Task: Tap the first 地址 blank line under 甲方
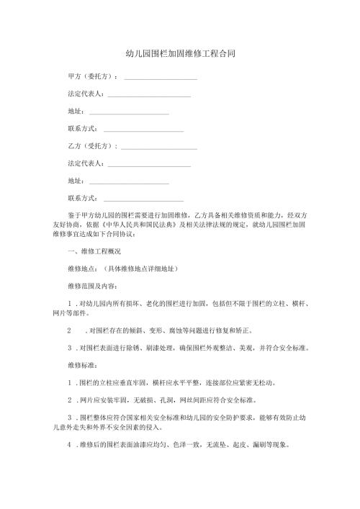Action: tap(128, 112)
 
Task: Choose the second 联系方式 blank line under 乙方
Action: tap(143, 197)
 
